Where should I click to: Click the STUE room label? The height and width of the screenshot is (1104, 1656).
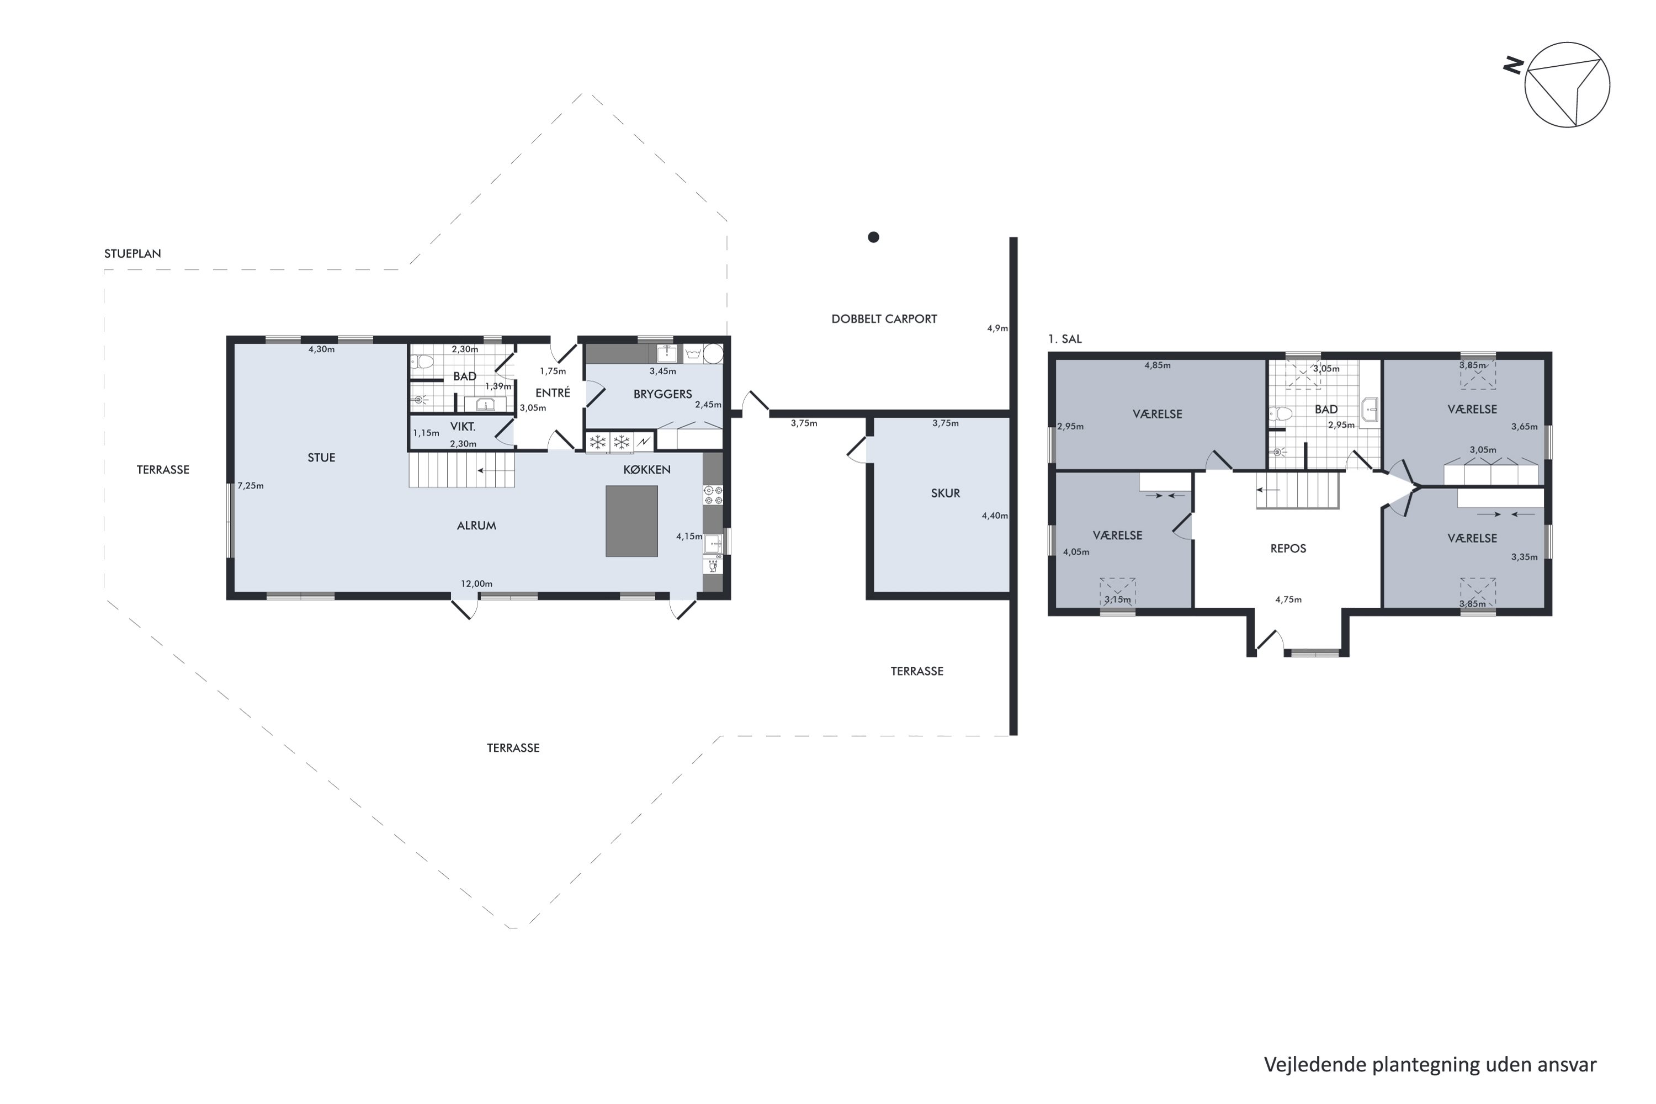coord(321,458)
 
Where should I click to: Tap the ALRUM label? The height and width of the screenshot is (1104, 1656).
coord(477,526)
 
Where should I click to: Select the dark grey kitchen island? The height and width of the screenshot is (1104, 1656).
coord(631,521)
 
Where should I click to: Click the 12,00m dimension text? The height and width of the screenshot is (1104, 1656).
coord(477,583)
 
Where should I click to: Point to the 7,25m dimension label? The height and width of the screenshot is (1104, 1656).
coord(251,486)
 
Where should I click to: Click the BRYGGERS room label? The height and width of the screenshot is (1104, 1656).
coord(662,394)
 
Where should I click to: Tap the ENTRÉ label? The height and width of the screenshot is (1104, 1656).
coord(553,393)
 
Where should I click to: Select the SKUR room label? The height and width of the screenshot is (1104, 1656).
coord(946,493)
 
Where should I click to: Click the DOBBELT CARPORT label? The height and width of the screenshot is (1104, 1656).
coord(884,319)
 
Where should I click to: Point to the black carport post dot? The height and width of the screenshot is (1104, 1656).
coord(873,237)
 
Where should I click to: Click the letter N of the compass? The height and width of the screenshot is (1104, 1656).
coord(1513,66)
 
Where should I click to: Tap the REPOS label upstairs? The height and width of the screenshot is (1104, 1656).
coord(1288,549)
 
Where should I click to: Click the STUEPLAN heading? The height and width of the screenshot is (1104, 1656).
coord(132,253)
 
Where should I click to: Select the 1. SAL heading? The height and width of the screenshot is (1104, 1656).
coord(1065,339)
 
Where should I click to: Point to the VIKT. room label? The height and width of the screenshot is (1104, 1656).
coord(463,427)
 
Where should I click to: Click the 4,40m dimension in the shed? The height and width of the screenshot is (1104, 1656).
coord(995,516)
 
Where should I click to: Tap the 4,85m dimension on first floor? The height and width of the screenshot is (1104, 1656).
coord(1158,365)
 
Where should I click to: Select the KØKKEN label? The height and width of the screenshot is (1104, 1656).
coord(647,470)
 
